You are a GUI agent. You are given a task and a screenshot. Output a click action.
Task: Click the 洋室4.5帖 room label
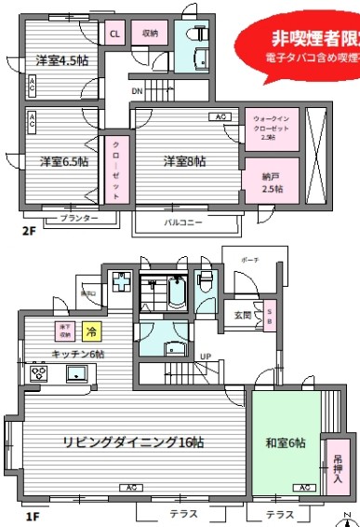point(61,61)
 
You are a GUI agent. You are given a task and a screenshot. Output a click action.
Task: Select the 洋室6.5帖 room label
point(64,161)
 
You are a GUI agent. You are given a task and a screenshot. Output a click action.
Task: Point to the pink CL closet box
point(115,34)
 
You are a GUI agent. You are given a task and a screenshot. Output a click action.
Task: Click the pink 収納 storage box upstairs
point(149,34)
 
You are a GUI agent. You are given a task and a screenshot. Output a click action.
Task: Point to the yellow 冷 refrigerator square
point(91,331)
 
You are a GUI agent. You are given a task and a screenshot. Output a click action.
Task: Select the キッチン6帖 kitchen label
point(78,355)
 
